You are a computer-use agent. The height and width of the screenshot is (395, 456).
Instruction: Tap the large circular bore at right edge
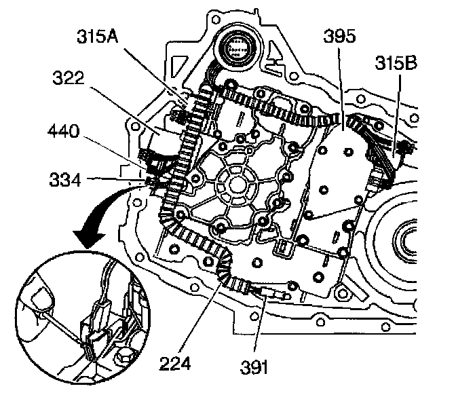click(x=414, y=241)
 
